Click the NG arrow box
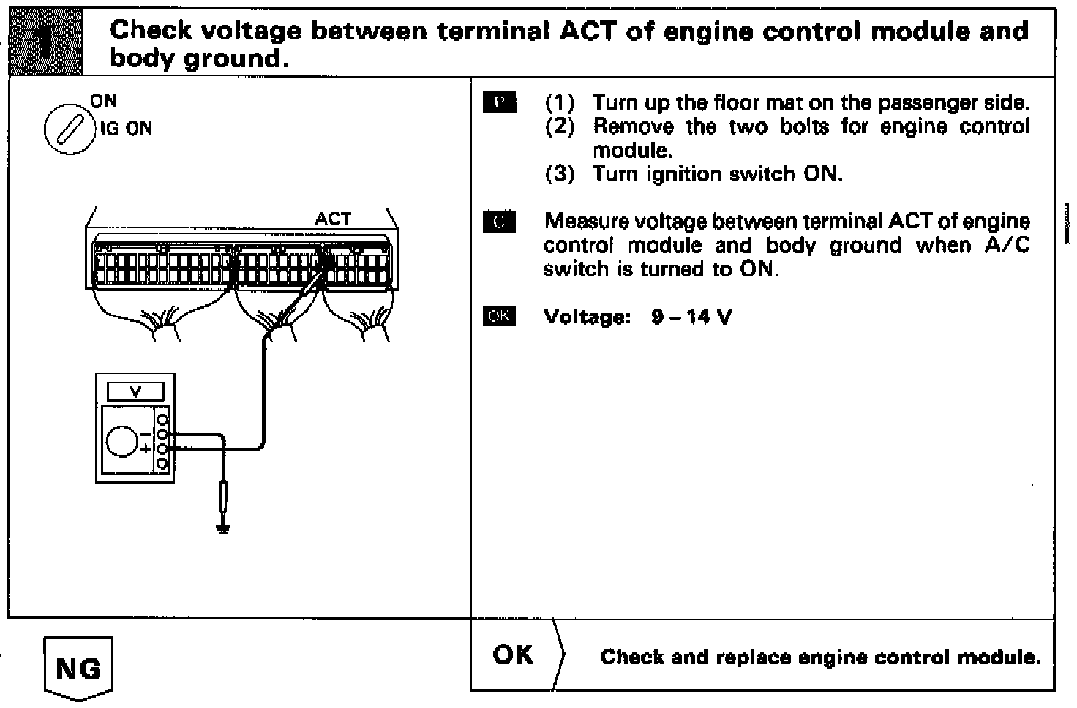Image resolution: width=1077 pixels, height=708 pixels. (x=78, y=667)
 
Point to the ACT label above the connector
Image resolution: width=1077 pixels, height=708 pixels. (x=333, y=219)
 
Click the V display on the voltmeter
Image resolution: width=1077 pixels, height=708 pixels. (x=135, y=392)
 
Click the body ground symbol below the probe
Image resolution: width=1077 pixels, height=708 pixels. (x=224, y=528)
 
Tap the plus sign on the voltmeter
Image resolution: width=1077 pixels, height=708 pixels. (x=146, y=449)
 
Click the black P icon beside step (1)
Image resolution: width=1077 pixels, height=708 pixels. (x=500, y=102)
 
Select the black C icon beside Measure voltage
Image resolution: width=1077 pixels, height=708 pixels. (x=500, y=222)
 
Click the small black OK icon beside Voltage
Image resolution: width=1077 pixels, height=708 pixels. (x=500, y=317)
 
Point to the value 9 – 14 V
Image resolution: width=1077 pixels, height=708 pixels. (x=691, y=317)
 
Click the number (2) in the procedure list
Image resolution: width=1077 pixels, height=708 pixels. (x=560, y=127)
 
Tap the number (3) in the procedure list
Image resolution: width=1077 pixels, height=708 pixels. (x=560, y=174)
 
